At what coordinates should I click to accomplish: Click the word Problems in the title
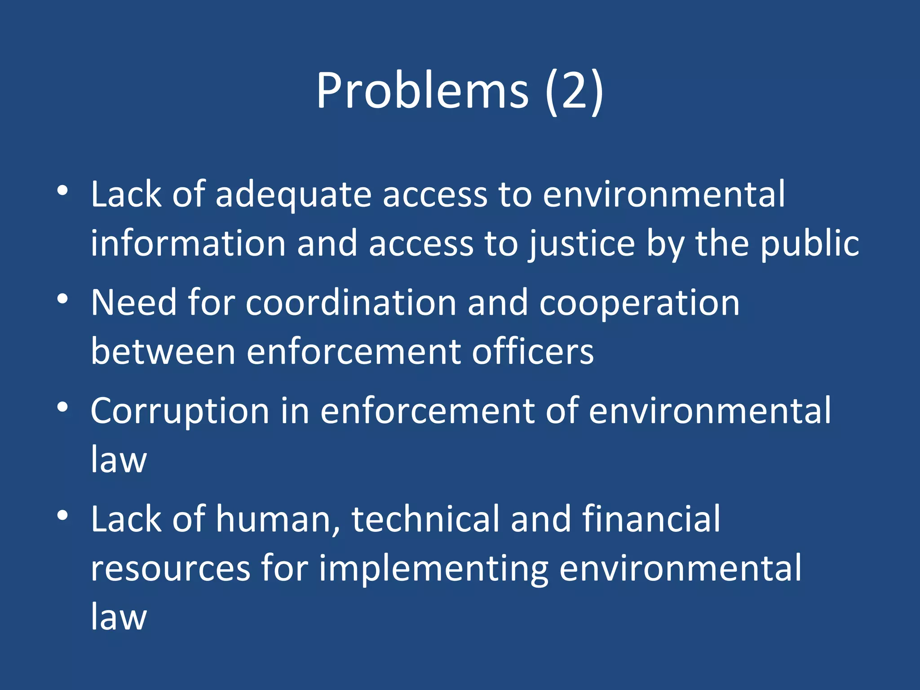(422, 91)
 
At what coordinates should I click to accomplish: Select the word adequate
(293, 196)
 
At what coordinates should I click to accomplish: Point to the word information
(188, 243)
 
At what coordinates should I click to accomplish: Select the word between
(163, 351)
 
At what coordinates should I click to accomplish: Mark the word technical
(425, 519)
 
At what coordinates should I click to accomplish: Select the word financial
(651, 519)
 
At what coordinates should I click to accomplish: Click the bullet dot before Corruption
(63, 407)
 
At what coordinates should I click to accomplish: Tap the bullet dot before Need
(63, 299)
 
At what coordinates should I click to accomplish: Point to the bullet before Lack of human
(63, 515)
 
